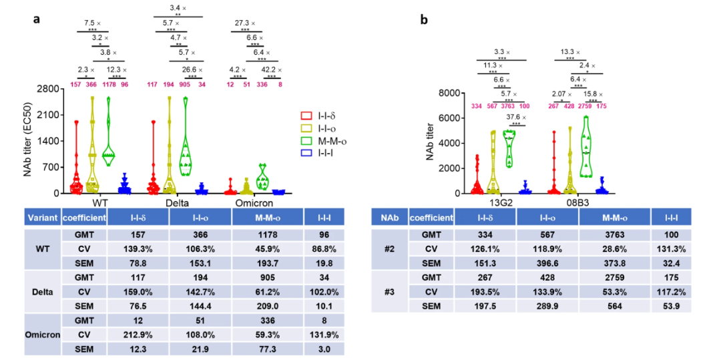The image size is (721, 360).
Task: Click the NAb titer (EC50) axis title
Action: point(27,141)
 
